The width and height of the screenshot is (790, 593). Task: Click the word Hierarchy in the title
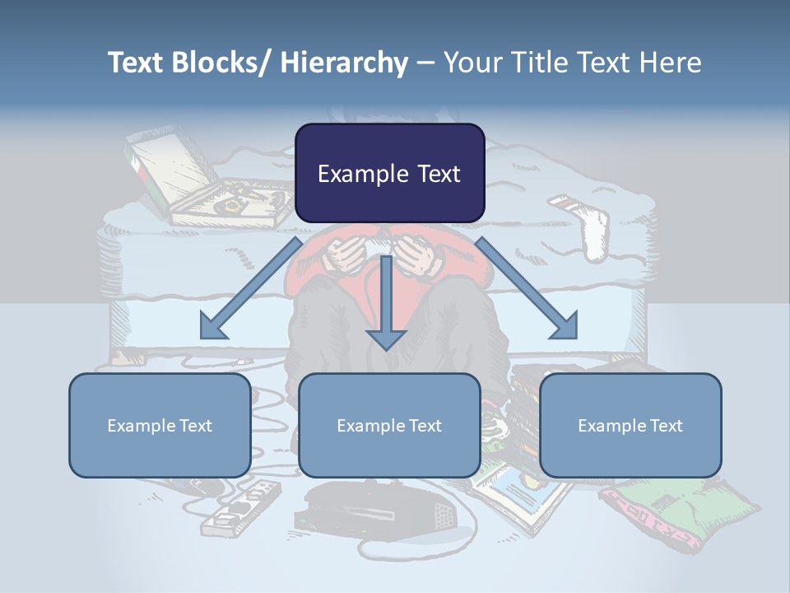(344, 63)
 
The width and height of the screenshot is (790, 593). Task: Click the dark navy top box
(389, 173)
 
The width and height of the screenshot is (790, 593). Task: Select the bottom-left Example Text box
(160, 425)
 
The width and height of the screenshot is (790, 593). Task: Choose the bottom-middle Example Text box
(389, 425)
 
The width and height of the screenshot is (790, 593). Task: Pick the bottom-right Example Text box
(630, 425)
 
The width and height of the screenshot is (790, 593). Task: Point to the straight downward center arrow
(386, 305)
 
